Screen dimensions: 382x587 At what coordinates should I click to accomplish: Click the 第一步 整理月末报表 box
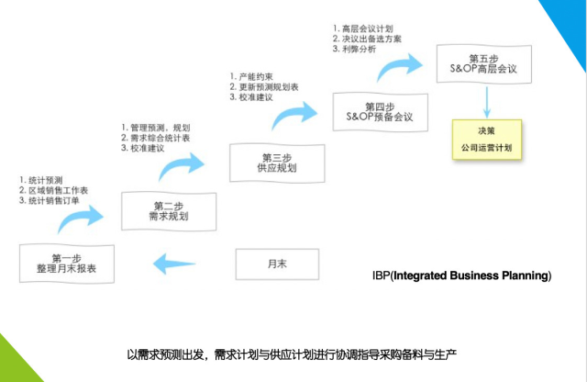pos(68,264)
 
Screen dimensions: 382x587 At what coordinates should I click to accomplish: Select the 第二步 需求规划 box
pos(169,210)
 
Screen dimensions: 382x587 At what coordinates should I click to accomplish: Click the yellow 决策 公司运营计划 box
pos(486,138)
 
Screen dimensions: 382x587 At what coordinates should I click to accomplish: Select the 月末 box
pos(277,264)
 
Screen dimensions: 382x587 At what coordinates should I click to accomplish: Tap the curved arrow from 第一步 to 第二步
pos(79,218)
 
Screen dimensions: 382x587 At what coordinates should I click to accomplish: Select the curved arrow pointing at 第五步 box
pos(397,65)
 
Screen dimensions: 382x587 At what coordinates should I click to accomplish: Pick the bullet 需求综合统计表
pos(161,137)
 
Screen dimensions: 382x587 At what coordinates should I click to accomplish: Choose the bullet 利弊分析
pos(358,49)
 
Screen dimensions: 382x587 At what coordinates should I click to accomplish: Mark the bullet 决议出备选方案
pos(372,39)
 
